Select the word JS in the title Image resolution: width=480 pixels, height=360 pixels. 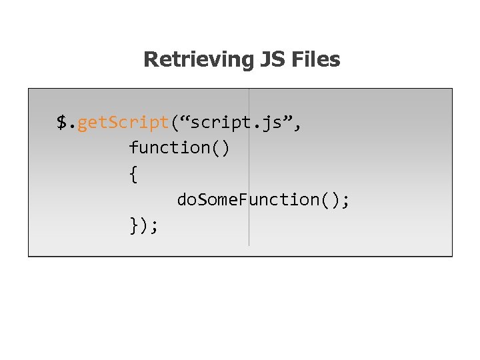(x=271, y=60)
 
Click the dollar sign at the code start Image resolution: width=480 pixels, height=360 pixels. (x=62, y=123)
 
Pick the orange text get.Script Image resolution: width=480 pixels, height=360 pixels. (x=123, y=123)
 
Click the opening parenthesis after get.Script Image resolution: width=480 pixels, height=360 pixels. (x=175, y=123)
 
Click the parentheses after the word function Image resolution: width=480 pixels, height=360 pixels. (x=220, y=147)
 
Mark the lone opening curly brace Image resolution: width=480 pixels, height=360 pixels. (x=133, y=174)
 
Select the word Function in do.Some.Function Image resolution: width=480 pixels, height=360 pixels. (x=280, y=199)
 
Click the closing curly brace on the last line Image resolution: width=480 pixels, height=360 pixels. (x=133, y=226)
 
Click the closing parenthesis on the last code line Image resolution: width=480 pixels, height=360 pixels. (x=144, y=226)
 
